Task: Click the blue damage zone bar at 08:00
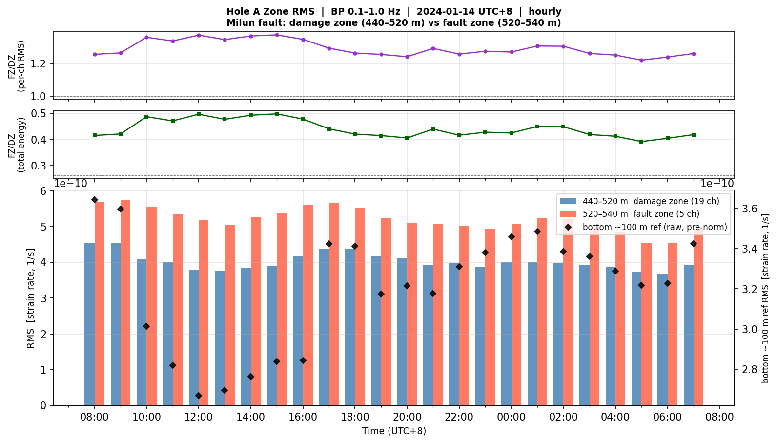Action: tap(90, 324)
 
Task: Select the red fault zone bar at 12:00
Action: tap(204, 313)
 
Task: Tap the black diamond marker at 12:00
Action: tap(199, 396)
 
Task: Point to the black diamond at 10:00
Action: tap(146, 326)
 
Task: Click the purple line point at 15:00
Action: tap(277, 35)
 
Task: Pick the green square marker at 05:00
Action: tap(641, 142)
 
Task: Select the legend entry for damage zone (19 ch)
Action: tap(639, 201)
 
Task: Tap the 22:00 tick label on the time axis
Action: tap(459, 417)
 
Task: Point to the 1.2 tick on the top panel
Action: tap(39, 64)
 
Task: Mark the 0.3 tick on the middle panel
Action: tap(39, 166)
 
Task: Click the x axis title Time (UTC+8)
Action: tap(394, 431)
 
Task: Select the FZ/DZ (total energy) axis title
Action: tap(17, 145)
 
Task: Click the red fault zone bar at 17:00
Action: tap(334, 304)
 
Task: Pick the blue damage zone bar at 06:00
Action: tap(663, 340)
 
